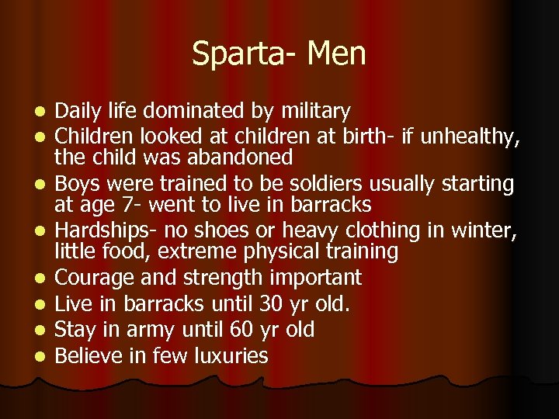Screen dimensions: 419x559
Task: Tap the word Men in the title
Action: coord(337,54)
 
